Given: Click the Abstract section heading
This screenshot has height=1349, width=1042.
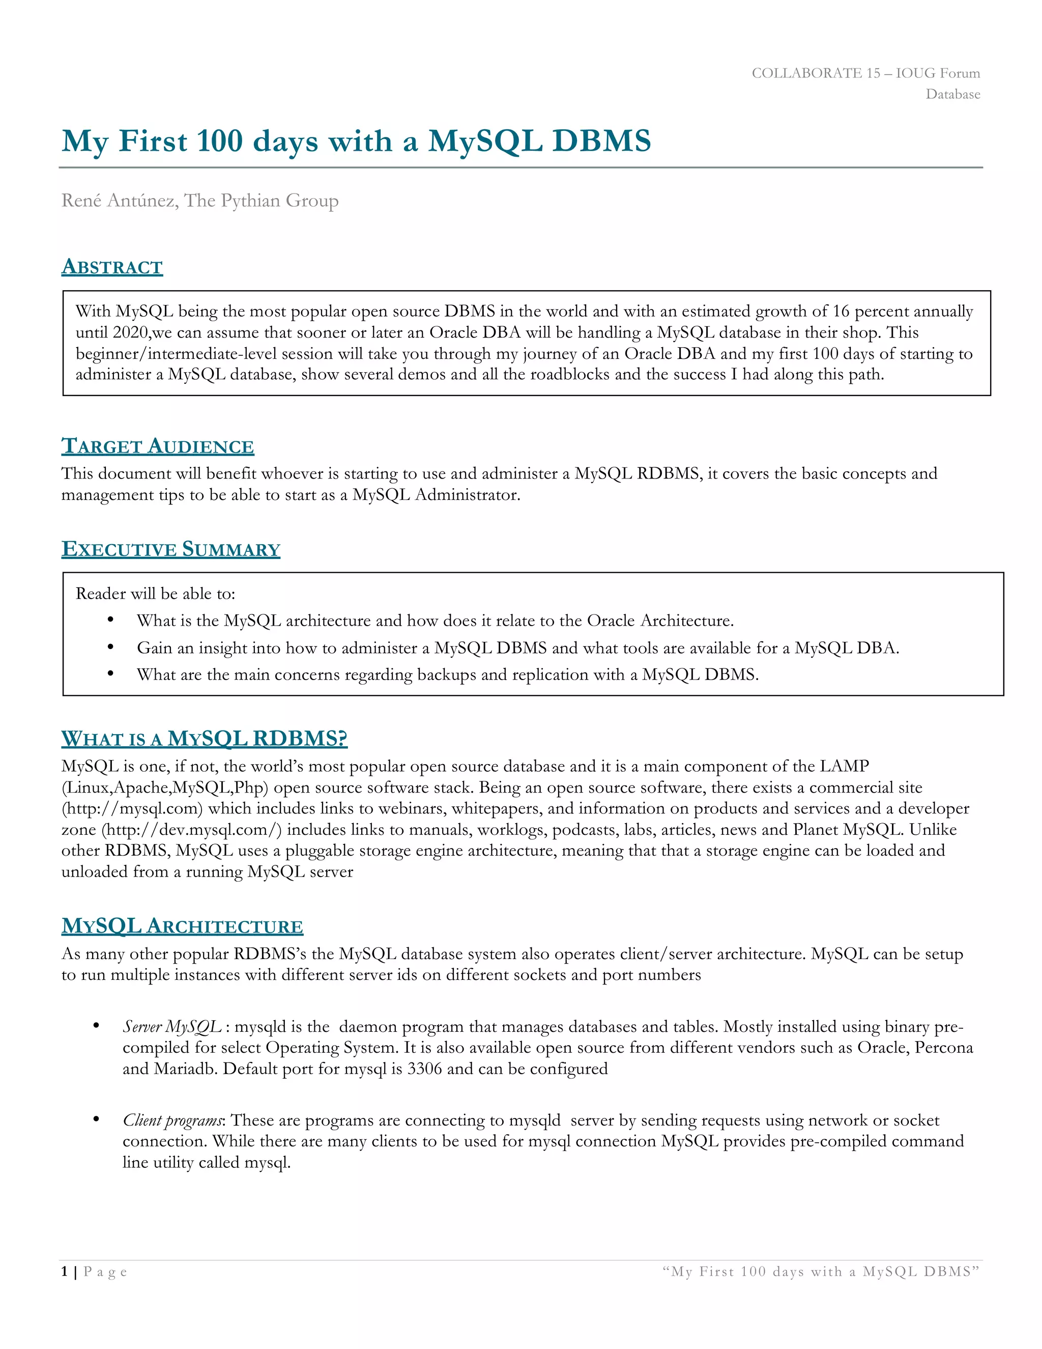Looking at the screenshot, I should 112,267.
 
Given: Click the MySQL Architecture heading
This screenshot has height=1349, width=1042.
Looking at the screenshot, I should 182,926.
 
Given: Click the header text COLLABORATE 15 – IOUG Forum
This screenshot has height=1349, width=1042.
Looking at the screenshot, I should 865,73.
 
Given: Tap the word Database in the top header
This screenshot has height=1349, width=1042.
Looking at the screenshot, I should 952,95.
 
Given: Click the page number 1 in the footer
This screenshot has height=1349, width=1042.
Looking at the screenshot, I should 64,1272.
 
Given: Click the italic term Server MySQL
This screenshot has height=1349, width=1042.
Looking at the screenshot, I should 171,1027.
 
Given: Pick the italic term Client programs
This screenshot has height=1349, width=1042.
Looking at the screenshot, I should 173,1120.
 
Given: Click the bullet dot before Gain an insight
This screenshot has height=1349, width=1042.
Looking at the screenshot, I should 110,647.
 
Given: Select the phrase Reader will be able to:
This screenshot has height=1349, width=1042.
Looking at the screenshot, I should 156,594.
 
